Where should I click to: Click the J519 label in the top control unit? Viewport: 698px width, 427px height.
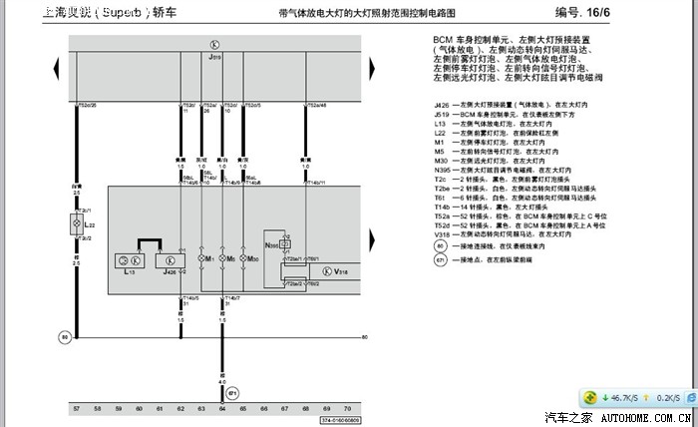pyautogui.click(x=214, y=59)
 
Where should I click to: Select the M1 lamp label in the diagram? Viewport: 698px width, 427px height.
pyautogui.click(x=208, y=258)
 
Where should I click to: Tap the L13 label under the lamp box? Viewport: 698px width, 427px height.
pyautogui.click(x=129, y=271)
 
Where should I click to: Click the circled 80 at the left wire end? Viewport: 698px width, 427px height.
pyautogui.click(x=65, y=337)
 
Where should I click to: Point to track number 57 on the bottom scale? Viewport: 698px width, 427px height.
pyautogui.click(x=76, y=410)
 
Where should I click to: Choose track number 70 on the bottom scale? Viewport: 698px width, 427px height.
pyautogui.click(x=347, y=410)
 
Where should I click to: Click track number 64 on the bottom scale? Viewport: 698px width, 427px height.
pyautogui.click(x=221, y=410)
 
